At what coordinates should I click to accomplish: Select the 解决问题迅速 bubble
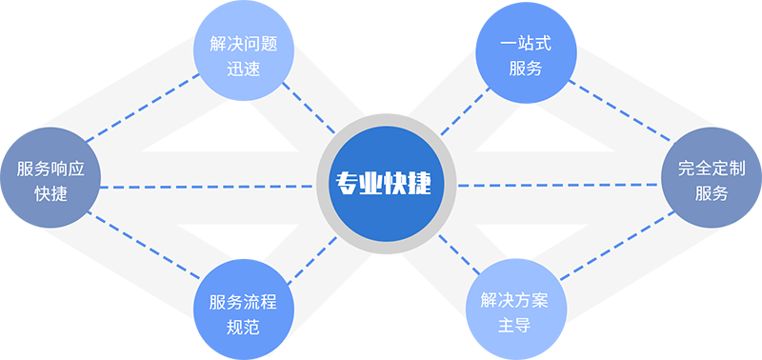[243, 58]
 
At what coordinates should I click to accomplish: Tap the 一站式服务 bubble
[525, 58]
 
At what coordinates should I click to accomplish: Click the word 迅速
[243, 70]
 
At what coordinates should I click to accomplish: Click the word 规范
[243, 327]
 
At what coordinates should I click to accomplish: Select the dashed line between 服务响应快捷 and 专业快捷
[205, 187]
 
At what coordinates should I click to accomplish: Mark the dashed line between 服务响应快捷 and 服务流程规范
[143, 252]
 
